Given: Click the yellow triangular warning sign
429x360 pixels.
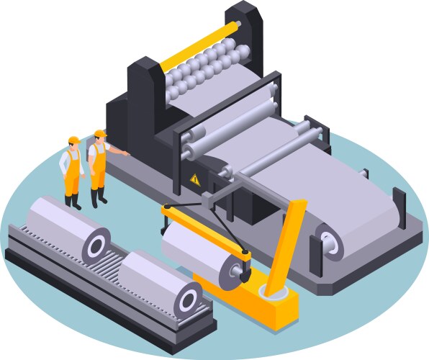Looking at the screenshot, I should (194, 179).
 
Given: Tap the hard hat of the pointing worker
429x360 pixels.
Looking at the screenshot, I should (99, 134).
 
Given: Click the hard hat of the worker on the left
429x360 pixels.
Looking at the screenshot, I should (72, 139).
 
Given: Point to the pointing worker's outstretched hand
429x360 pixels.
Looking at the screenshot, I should (127, 153).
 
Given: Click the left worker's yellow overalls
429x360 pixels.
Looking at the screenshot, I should (71, 179).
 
